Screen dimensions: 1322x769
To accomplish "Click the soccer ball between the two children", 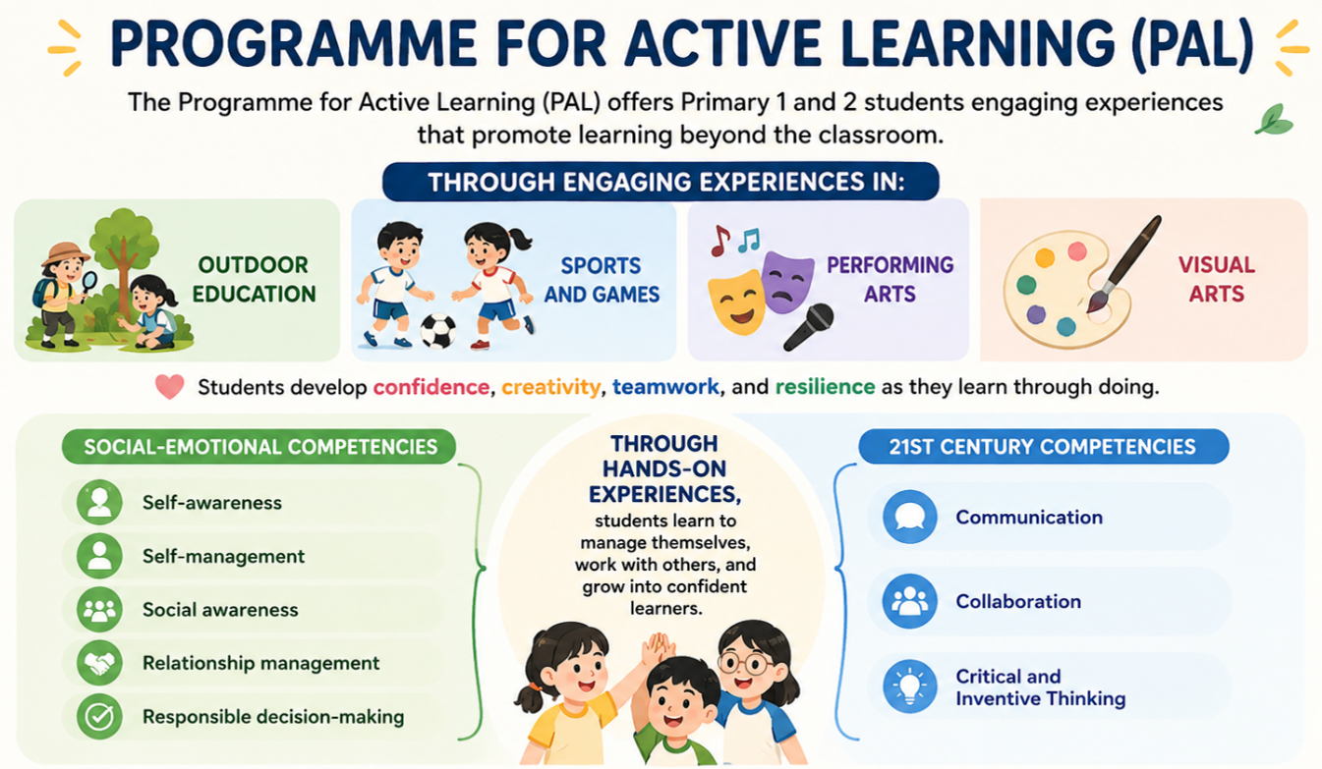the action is coord(438,331).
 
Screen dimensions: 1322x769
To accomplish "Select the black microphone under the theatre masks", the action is coord(809,327).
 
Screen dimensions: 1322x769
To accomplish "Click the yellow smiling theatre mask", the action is coord(736,302).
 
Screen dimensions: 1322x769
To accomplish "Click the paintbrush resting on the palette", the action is coord(1123,263).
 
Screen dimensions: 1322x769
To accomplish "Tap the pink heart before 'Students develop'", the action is coord(169,387).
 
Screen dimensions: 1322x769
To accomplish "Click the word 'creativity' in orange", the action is coord(550,387).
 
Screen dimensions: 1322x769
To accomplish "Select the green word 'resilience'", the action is coord(825,387).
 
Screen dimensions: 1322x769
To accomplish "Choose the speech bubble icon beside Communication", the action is coord(909,517).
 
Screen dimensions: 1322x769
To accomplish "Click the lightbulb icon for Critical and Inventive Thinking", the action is coord(909,687).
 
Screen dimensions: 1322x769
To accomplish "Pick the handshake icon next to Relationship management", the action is coord(99,663).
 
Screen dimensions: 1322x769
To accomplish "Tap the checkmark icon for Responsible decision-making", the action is coord(99,717).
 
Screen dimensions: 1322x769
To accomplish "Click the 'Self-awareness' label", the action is coord(212,503).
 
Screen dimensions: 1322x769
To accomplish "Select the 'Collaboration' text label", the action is coord(1018,601).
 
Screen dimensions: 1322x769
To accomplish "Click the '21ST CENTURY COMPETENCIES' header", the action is coord(1044,447).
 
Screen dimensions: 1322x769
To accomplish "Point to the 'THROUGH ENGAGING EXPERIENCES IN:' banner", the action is coord(661,182).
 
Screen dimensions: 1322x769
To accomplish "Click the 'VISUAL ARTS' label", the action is coord(1217,279).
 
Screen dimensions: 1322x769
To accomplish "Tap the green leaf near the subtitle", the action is coord(1274,120).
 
